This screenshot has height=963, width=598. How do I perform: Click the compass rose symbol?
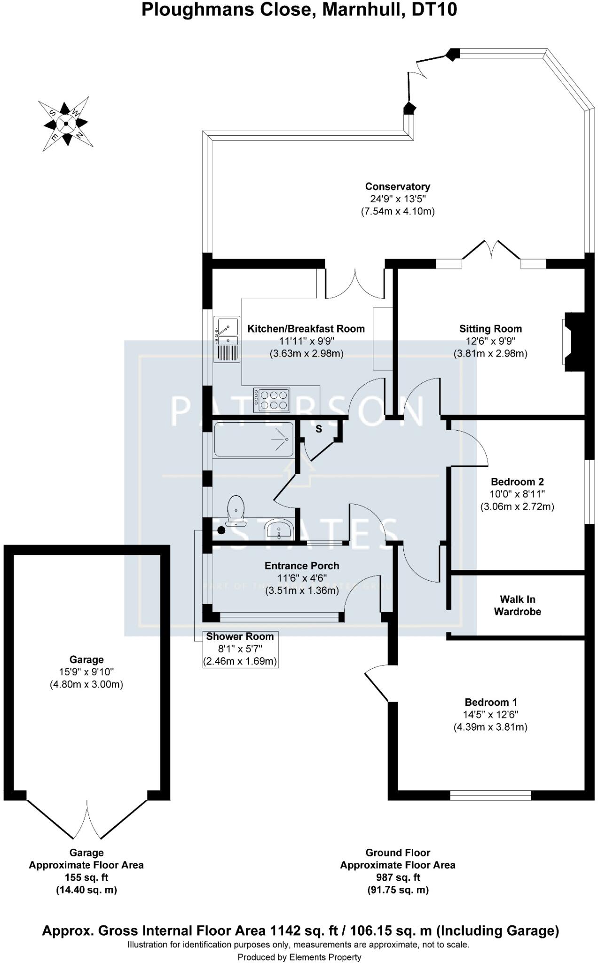(66, 124)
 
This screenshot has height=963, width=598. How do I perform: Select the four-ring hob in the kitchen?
(272, 400)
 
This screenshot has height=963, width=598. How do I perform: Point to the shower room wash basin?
(279, 529)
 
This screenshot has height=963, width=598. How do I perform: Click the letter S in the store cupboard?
(319, 429)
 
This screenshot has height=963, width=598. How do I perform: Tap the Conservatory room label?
(398, 187)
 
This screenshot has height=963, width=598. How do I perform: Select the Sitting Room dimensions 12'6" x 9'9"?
(490, 341)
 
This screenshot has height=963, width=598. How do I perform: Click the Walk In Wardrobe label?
(517, 605)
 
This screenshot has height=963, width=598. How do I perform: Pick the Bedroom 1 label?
(491, 702)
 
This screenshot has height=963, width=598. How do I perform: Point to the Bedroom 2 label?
(517, 481)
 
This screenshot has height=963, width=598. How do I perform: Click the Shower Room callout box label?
(240, 637)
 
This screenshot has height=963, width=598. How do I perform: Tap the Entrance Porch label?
(302, 566)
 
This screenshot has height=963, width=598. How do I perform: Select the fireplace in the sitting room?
(573, 342)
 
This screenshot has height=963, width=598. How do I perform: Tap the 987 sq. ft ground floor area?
(398, 877)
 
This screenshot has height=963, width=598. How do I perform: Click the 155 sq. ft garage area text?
(87, 877)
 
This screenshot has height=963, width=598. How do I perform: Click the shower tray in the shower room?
(254, 440)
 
